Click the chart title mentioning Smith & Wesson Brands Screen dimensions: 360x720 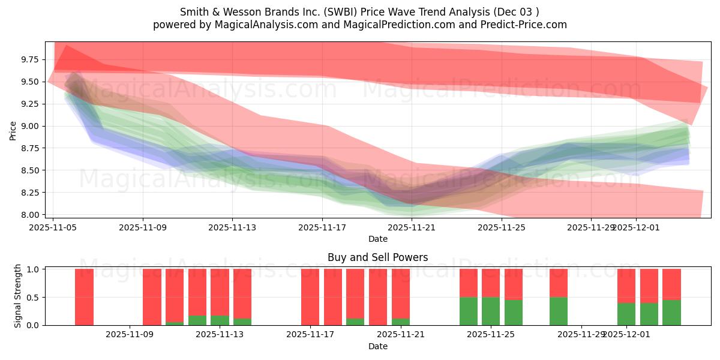[x=359, y=12]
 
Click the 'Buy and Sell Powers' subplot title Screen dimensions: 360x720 [x=377, y=257]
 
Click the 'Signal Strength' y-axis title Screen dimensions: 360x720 [x=18, y=296]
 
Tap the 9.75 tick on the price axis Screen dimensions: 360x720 [x=30, y=59]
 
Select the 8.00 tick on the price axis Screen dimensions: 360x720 [x=30, y=215]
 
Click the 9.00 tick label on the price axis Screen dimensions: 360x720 [x=30, y=126]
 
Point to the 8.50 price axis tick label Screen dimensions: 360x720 [x=30, y=170]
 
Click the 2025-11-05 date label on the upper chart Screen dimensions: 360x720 [x=53, y=227]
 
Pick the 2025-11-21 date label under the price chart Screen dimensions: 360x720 [x=412, y=227]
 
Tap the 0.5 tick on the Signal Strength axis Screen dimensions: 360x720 [x=34, y=297]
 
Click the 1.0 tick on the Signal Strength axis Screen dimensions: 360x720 [x=34, y=269]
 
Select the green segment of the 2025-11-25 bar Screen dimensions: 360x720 [x=491, y=311]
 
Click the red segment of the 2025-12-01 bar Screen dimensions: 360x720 [x=626, y=286]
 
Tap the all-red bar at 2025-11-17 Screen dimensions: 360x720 [x=310, y=297]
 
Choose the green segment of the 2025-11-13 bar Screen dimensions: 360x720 [x=220, y=320]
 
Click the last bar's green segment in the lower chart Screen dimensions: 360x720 [x=671, y=313]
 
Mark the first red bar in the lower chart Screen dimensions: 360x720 [x=84, y=297]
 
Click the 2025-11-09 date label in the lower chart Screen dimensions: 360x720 [x=130, y=335]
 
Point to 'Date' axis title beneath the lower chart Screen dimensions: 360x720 [x=377, y=346]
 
